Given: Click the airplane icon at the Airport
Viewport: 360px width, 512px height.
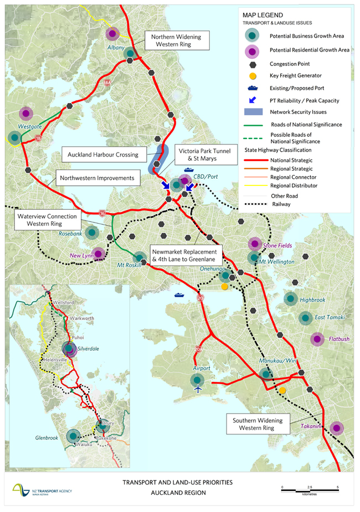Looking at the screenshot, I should click(x=198, y=389).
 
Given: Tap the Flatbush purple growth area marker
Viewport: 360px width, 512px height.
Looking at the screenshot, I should click(x=317, y=339).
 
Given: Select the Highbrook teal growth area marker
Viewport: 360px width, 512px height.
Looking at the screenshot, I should click(x=290, y=299).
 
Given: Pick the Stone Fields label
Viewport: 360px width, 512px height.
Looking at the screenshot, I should click(x=277, y=245).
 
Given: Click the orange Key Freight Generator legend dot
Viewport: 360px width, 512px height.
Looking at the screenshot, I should click(x=252, y=75).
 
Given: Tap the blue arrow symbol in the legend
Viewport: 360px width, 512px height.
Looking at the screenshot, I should click(x=252, y=100).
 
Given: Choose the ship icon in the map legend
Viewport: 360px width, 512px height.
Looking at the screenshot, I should click(x=252, y=87).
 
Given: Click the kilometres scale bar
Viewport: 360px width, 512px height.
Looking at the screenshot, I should click(x=310, y=488).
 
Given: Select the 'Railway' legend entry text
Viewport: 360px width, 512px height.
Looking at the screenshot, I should click(x=281, y=204).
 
